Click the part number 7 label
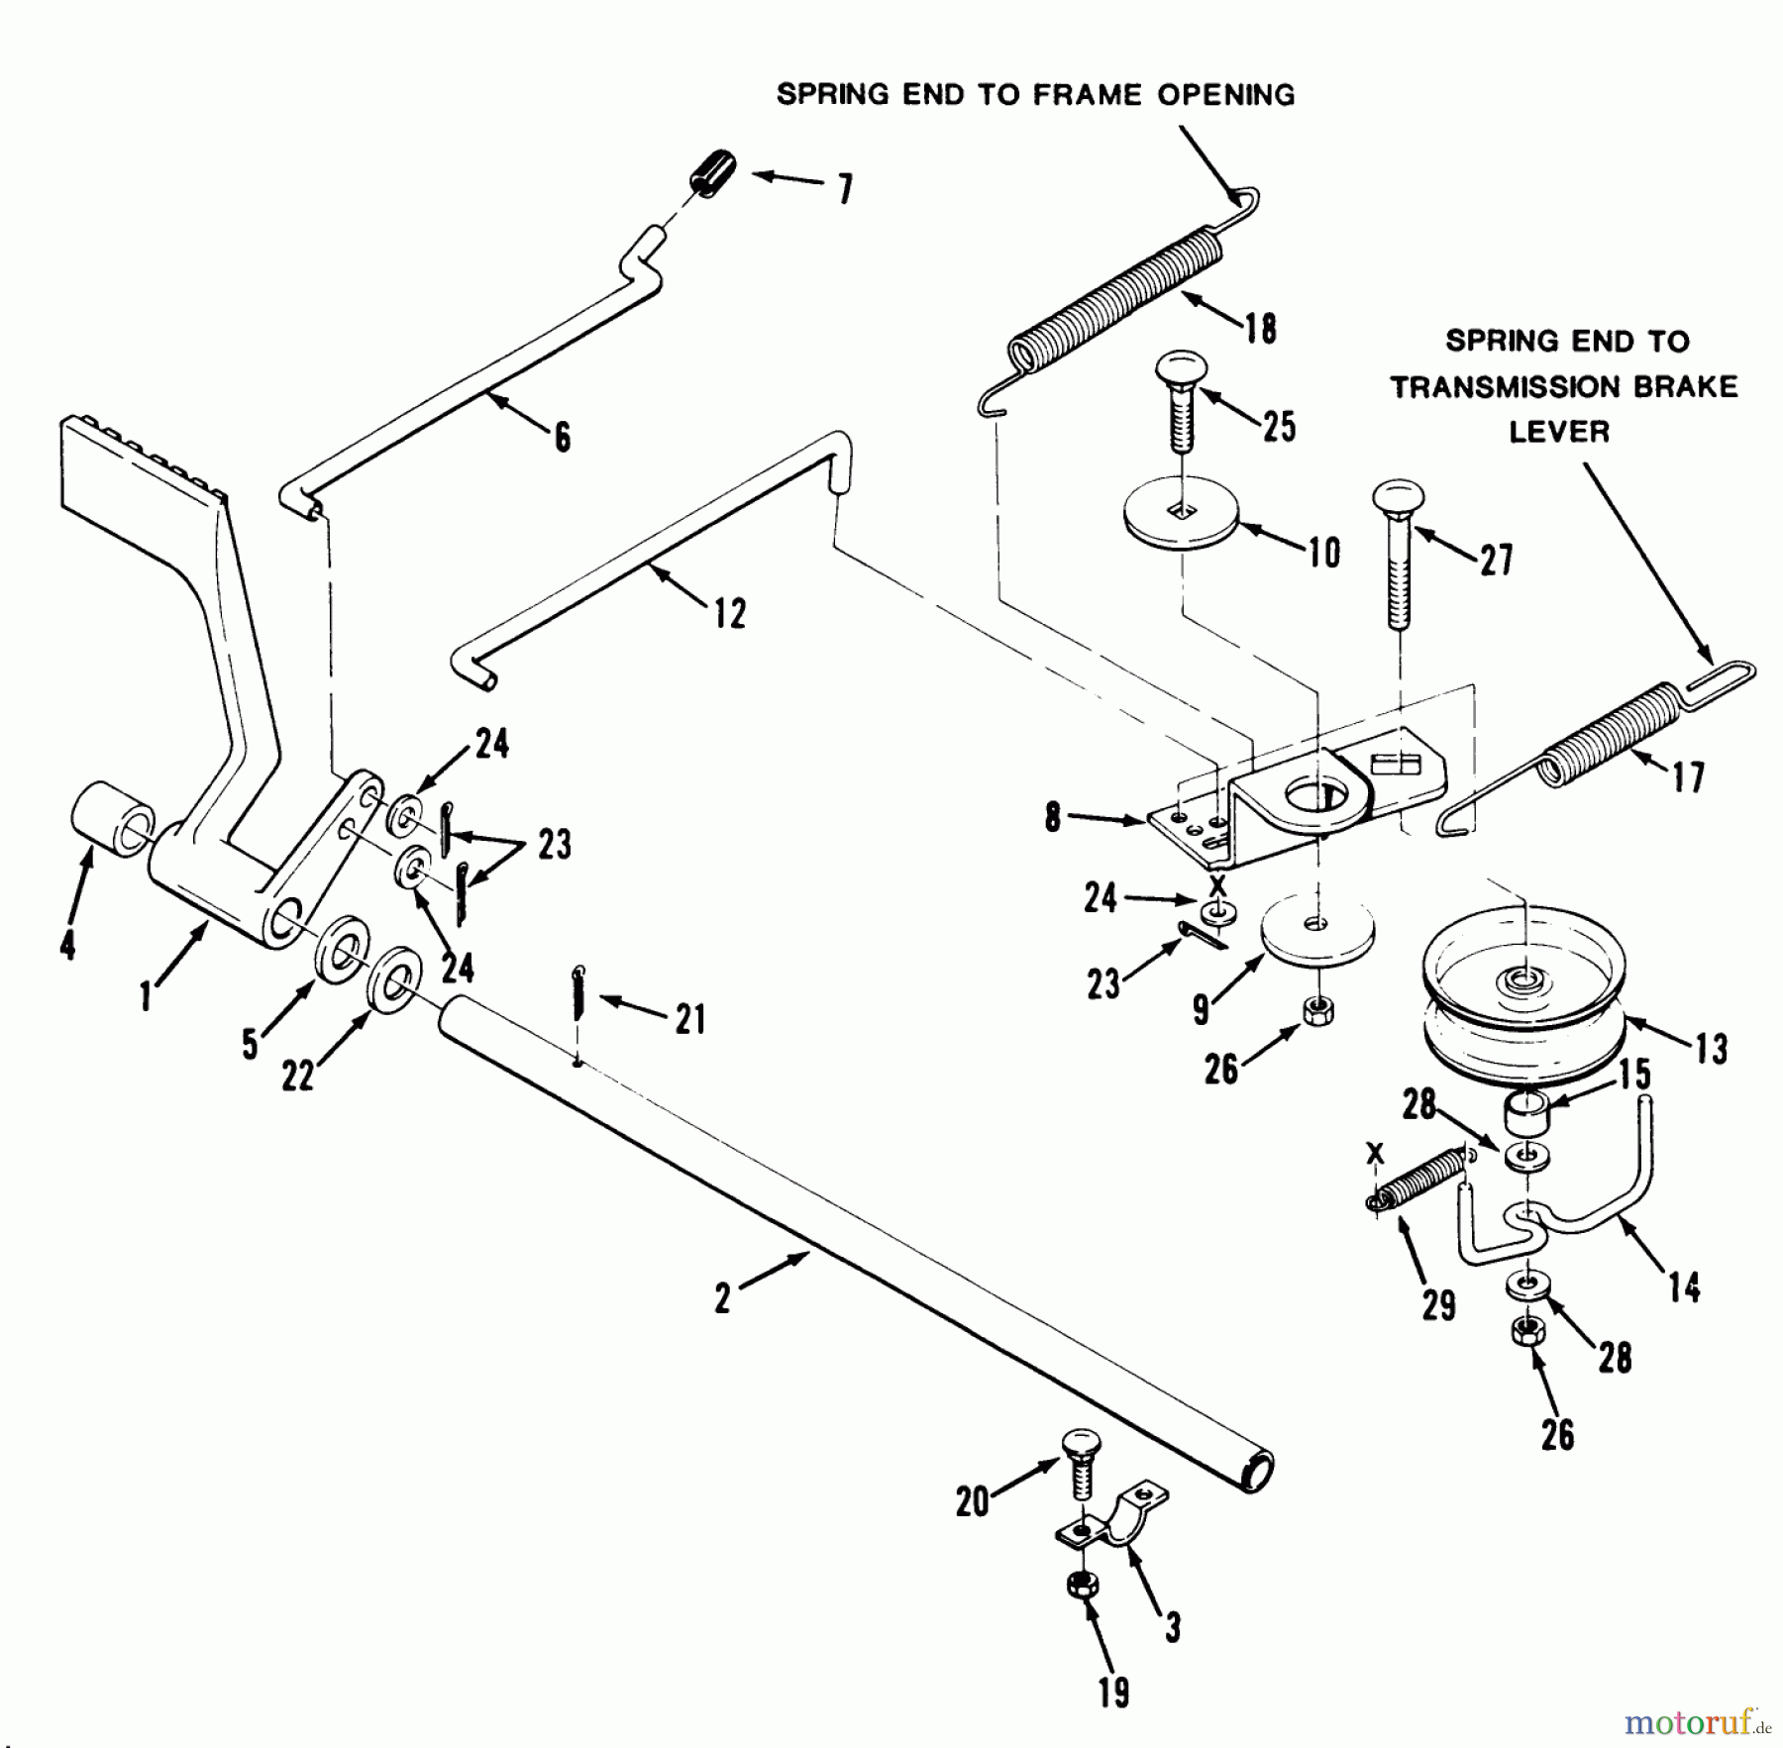(845, 188)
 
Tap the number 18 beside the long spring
(1260, 329)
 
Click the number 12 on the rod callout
(729, 614)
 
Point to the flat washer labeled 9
(1316, 930)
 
